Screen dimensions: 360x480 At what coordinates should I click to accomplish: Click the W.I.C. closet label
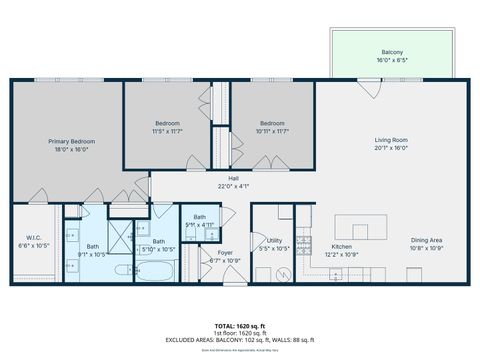(x=33, y=238)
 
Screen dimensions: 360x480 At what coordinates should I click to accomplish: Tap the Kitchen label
(x=342, y=245)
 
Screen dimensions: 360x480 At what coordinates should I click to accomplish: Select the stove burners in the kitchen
(x=312, y=247)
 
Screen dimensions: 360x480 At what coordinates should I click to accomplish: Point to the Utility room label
(x=275, y=239)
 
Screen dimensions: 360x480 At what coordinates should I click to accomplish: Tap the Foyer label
(x=226, y=253)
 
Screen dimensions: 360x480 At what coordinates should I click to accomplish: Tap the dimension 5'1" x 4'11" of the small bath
(x=200, y=225)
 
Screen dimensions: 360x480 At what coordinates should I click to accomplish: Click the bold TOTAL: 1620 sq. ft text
(x=240, y=325)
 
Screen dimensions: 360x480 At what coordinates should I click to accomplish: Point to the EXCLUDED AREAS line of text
(x=240, y=341)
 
